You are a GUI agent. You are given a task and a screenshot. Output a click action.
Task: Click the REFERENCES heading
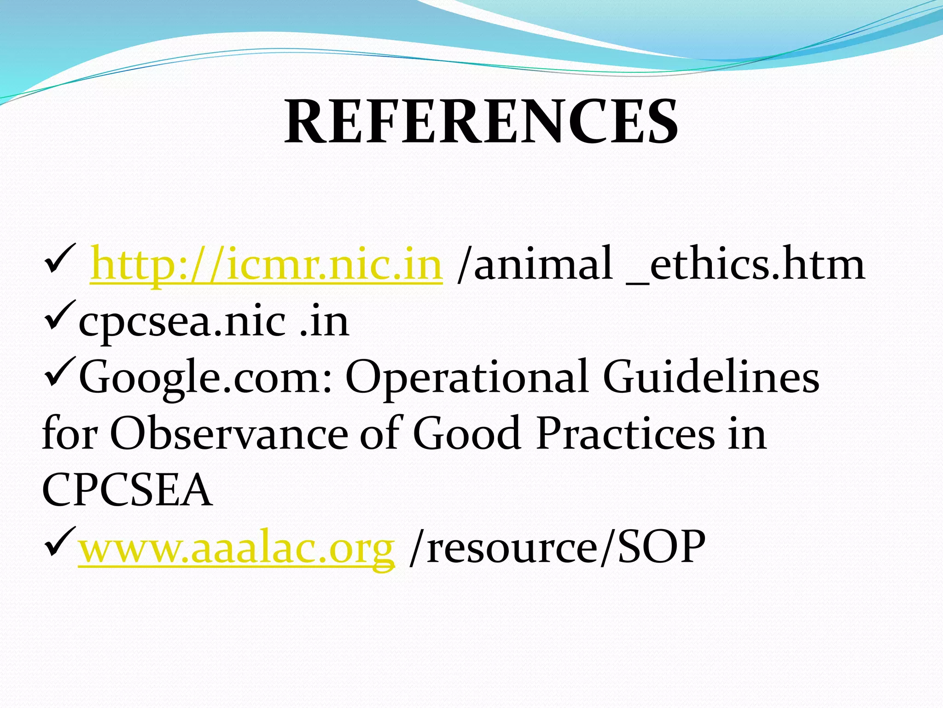click(x=481, y=122)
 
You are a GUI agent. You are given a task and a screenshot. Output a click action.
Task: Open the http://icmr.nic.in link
click(x=266, y=264)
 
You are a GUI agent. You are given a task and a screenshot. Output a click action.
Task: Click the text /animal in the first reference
click(x=534, y=264)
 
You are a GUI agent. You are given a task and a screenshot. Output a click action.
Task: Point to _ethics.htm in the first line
click(x=746, y=264)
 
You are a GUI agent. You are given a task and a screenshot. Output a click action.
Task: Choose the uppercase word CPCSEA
click(x=127, y=490)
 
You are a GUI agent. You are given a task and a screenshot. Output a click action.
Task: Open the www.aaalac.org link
click(x=236, y=547)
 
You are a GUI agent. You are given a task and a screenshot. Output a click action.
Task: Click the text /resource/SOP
click(x=557, y=547)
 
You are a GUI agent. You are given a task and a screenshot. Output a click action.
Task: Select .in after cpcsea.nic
click(x=324, y=321)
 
